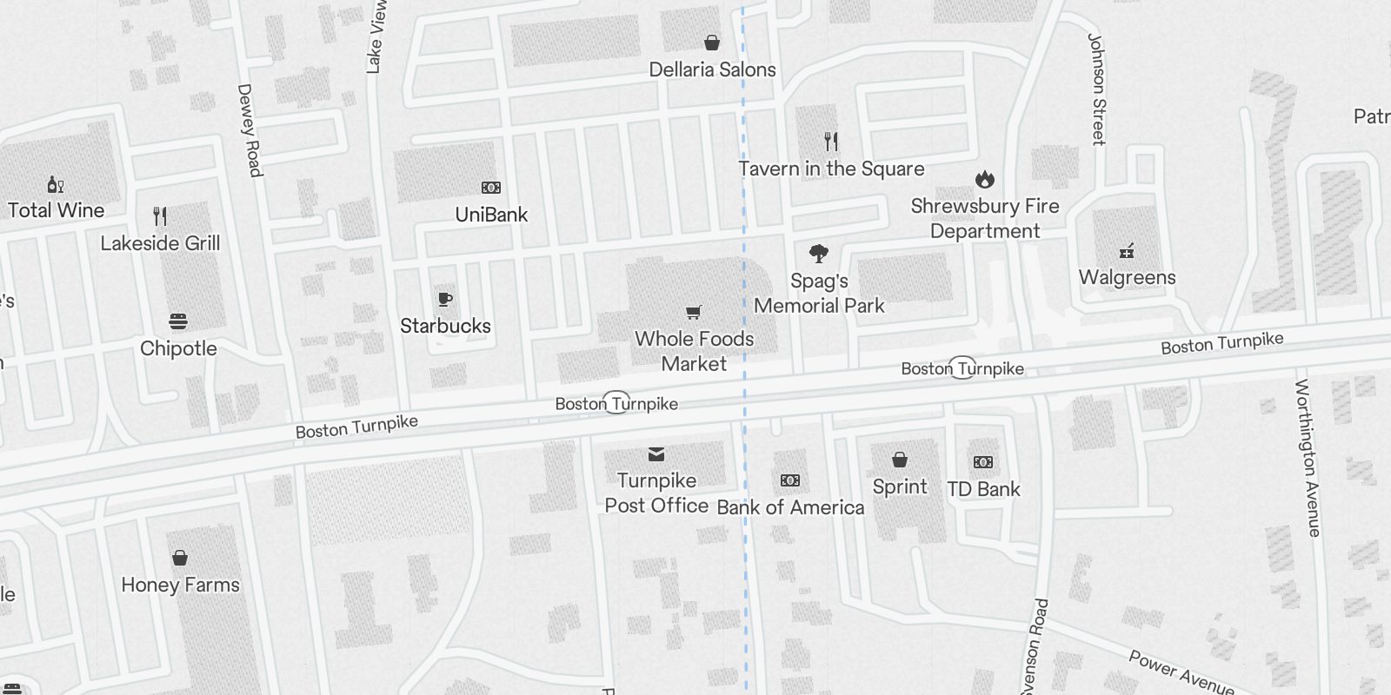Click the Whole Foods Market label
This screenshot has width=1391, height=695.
[x=694, y=351]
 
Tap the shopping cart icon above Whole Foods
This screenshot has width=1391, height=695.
[x=694, y=312]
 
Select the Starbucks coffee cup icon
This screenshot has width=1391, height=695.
[x=445, y=300]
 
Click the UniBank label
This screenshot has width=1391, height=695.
[x=491, y=215]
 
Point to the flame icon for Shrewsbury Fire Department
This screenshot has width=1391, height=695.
[x=984, y=179]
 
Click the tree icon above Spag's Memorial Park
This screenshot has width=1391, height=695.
[x=818, y=254]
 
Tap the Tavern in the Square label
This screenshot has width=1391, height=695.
[x=831, y=169]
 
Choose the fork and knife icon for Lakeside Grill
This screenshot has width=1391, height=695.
[x=160, y=215]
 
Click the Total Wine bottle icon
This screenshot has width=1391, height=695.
[x=56, y=184]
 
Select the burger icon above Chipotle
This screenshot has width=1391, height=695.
[x=178, y=321]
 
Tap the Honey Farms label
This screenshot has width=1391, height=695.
[x=180, y=585]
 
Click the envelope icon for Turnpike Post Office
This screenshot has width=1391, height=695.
[x=656, y=453]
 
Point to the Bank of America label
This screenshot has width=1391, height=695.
[x=790, y=507]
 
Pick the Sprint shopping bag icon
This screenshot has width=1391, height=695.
[x=900, y=460]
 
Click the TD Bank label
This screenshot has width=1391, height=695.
[x=983, y=489]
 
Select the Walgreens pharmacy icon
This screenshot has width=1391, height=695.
[x=1127, y=251]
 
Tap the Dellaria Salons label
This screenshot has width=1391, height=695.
[x=712, y=69]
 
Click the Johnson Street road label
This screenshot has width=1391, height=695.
[x=1097, y=89]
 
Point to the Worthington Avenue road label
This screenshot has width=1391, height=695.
[x=1308, y=458]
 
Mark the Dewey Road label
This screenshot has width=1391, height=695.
[x=250, y=130]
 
